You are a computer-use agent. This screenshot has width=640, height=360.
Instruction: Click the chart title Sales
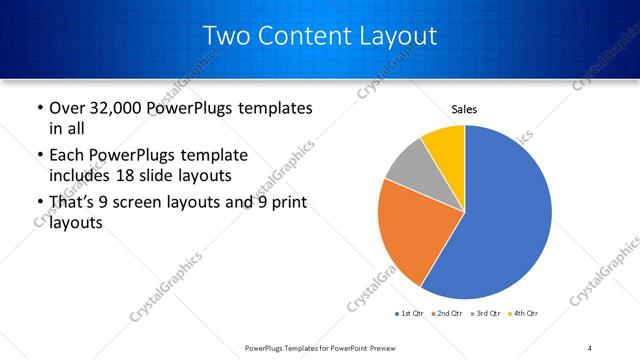[x=464, y=108]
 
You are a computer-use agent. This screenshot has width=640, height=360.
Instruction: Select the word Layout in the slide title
[x=399, y=36]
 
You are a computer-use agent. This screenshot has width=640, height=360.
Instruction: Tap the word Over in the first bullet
[x=67, y=107]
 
